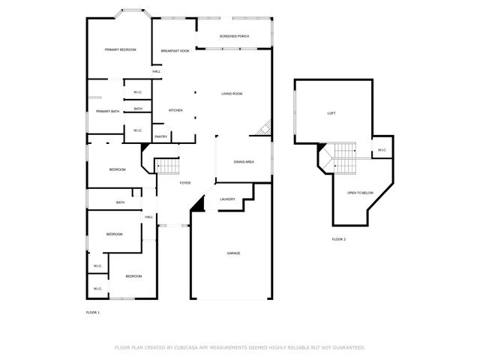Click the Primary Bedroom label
(x=120, y=49)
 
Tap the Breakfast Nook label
(x=175, y=50)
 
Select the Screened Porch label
(x=234, y=36)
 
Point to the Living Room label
(x=232, y=94)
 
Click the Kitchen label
(x=175, y=110)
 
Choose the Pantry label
(x=161, y=136)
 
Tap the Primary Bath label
(x=107, y=111)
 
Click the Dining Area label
(x=244, y=162)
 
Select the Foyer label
(x=184, y=183)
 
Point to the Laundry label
(x=227, y=199)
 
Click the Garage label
(x=233, y=253)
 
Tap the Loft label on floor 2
(x=331, y=113)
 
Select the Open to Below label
(x=360, y=193)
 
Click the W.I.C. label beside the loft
(x=381, y=150)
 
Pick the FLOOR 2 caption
(x=339, y=239)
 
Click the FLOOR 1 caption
(x=93, y=312)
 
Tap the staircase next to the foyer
(x=166, y=166)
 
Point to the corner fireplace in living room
(x=262, y=130)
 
